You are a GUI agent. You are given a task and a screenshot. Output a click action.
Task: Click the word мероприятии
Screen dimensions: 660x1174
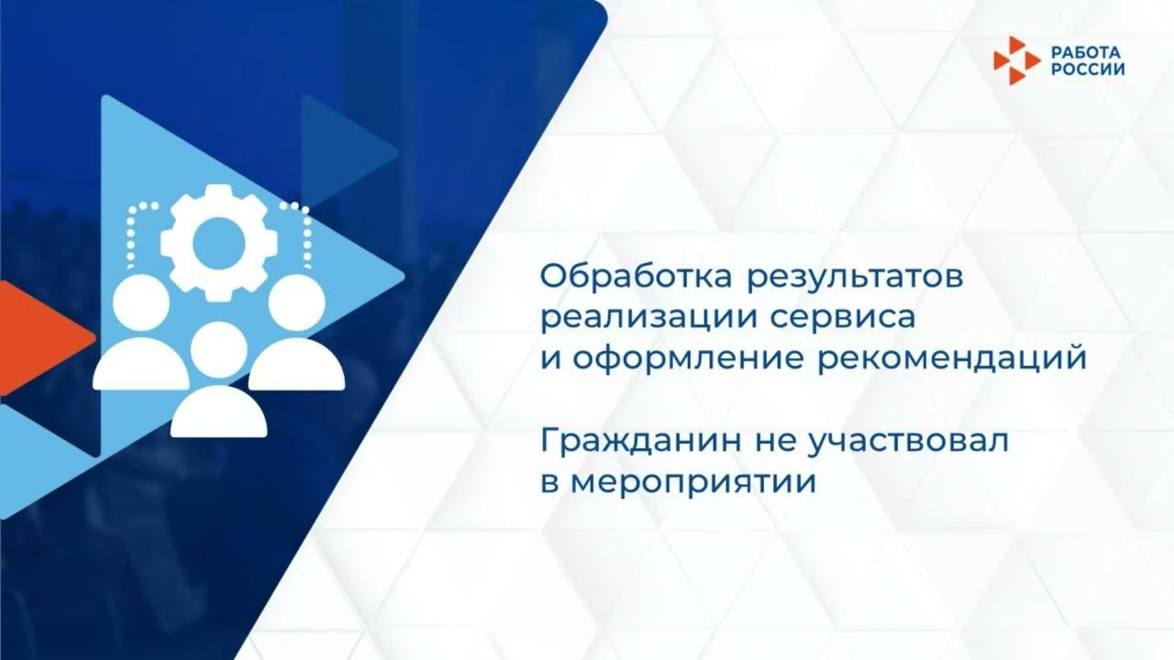pyautogui.click(x=692, y=482)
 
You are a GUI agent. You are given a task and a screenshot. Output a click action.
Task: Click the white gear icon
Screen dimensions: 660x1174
pyautogui.click(x=219, y=242)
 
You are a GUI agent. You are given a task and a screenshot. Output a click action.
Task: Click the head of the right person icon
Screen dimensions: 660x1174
pyautogui.click(x=297, y=302)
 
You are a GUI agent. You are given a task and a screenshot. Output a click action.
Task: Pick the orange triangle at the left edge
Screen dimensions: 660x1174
pyautogui.click(x=37, y=336)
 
